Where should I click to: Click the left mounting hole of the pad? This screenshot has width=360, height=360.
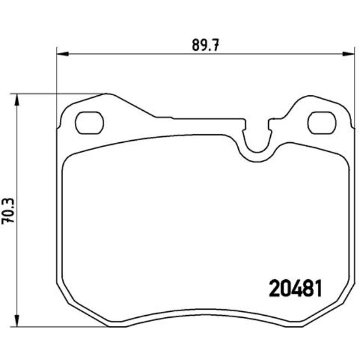pos(89,122)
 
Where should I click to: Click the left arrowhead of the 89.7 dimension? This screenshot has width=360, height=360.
pos(61,54)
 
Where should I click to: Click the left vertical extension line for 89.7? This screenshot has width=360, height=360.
pos(57,83)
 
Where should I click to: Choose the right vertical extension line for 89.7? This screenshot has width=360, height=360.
pos(354,83)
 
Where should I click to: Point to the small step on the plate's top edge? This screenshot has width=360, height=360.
pos(164,117)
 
